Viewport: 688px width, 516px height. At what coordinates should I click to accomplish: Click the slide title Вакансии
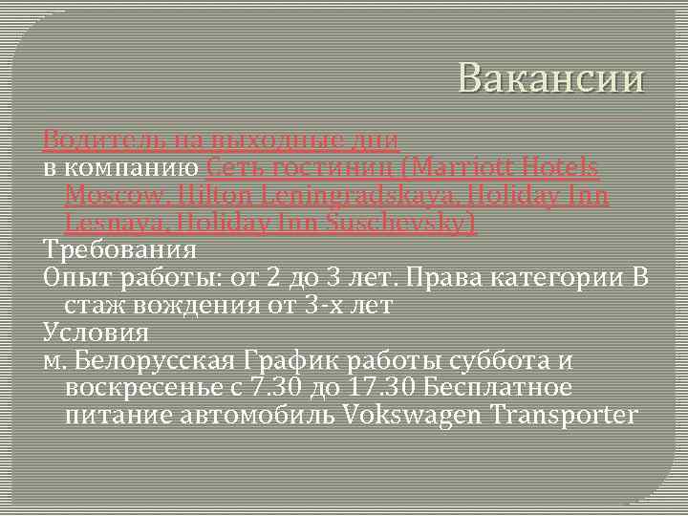tap(551, 79)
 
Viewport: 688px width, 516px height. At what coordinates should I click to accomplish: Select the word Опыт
tap(75, 278)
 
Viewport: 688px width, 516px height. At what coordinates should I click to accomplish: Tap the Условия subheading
tap(96, 333)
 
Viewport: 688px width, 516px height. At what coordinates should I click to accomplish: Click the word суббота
tap(497, 361)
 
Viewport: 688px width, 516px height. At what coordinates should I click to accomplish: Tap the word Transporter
tap(563, 416)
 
